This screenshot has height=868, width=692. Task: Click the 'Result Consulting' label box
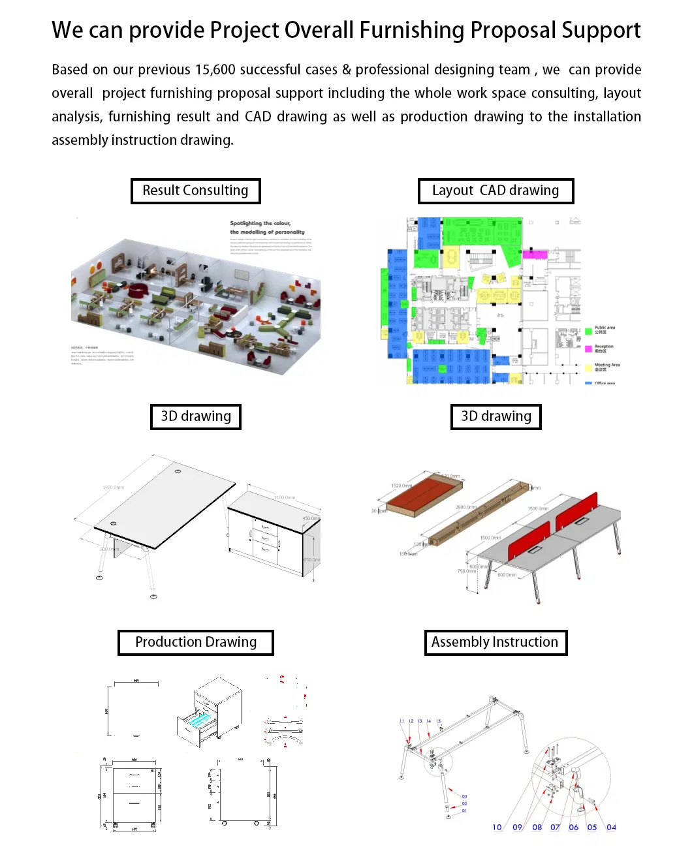(x=195, y=191)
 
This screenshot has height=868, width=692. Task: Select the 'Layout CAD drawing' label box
(x=495, y=191)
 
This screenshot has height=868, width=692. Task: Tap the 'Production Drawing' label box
(x=195, y=642)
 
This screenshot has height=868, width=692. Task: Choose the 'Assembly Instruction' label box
(x=495, y=642)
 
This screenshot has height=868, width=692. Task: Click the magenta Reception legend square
(x=588, y=349)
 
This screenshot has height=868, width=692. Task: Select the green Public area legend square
(x=588, y=331)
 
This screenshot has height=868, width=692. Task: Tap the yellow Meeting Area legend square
(x=588, y=367)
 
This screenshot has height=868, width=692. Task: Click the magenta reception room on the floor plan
(x=534, y=255)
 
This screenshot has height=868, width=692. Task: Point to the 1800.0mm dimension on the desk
(x=113, y=488)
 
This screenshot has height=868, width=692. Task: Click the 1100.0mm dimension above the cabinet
(x=285, y=497)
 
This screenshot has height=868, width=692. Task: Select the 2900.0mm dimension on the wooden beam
(x=465, y=507)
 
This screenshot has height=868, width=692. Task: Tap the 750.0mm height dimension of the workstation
(x=466, y=571)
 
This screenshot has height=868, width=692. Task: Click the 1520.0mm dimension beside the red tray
(x=401, y=486)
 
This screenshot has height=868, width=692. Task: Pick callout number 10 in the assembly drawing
(x=497, y=828)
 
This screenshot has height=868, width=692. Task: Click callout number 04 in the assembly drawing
(x=611, y=828)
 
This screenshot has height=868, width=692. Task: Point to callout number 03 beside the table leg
(x=464, y=796)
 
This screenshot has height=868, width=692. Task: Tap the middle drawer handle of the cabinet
(x=265, y=538)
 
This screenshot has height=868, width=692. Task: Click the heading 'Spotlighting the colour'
(x=260, y=223)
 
